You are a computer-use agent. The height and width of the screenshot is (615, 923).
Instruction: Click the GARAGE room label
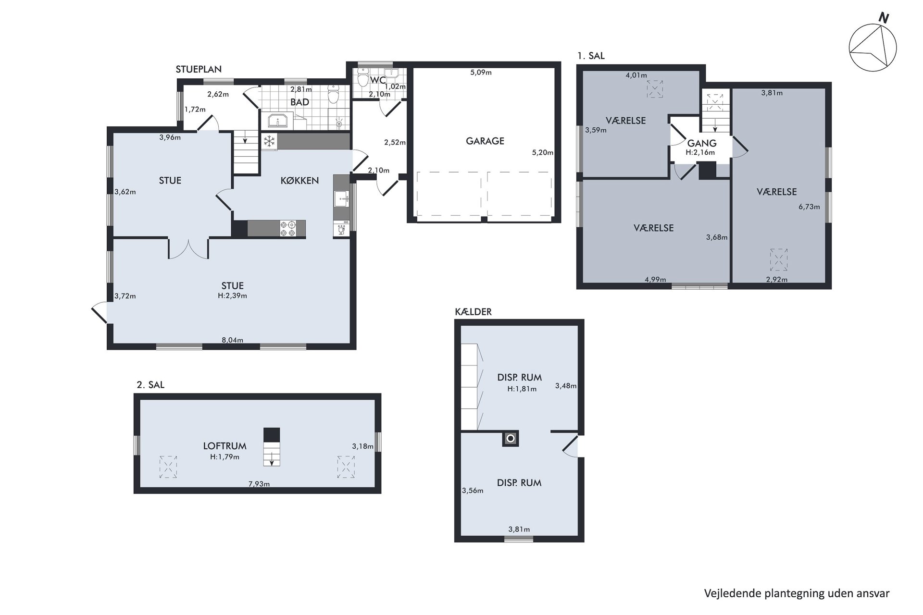pyautogui.click(x=485, y=141)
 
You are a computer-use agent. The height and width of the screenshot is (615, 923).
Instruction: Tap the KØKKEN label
pyautogui.click(x=299, y=180)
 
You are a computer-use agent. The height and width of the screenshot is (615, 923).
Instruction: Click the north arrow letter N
pyautogui.click(x=884, y=18)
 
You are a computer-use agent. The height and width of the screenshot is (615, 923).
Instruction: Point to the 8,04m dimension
pyautogui.click(x=232, y=340)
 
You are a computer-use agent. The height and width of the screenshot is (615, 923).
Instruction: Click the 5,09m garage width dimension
pyautogui.click(x=481, y=73)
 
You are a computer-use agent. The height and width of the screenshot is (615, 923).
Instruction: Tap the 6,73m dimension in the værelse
pyautogui.click(x=809, y=207)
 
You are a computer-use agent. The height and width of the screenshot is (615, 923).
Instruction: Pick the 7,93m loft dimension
pyautogui.click(x=259, y=484)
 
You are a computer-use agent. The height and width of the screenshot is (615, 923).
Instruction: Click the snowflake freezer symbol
pyautogui.click(x=270, y=141)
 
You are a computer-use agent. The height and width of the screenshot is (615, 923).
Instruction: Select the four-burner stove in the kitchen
pyautogui.click(x=288, y=228)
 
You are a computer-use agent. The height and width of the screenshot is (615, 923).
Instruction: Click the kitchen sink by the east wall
pyautogui.click(x=342, y=198)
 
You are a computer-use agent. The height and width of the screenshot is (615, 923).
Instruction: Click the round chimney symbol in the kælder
pyautogui.click(x=511, y=439)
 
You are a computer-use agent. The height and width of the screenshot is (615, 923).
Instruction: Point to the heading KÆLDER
pyautogui.click(x=473, y=312)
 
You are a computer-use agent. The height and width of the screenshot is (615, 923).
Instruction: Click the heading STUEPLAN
pyautogui.click(x=199, y=69)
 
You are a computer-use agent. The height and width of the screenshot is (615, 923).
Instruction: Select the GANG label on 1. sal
pyautogui.click(x=702, y=143)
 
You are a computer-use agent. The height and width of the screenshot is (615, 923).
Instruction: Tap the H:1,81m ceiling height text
pyautogui.click(x=522, y=389)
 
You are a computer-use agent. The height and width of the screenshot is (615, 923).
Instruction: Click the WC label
pyautogui.click(x=378, y=80)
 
